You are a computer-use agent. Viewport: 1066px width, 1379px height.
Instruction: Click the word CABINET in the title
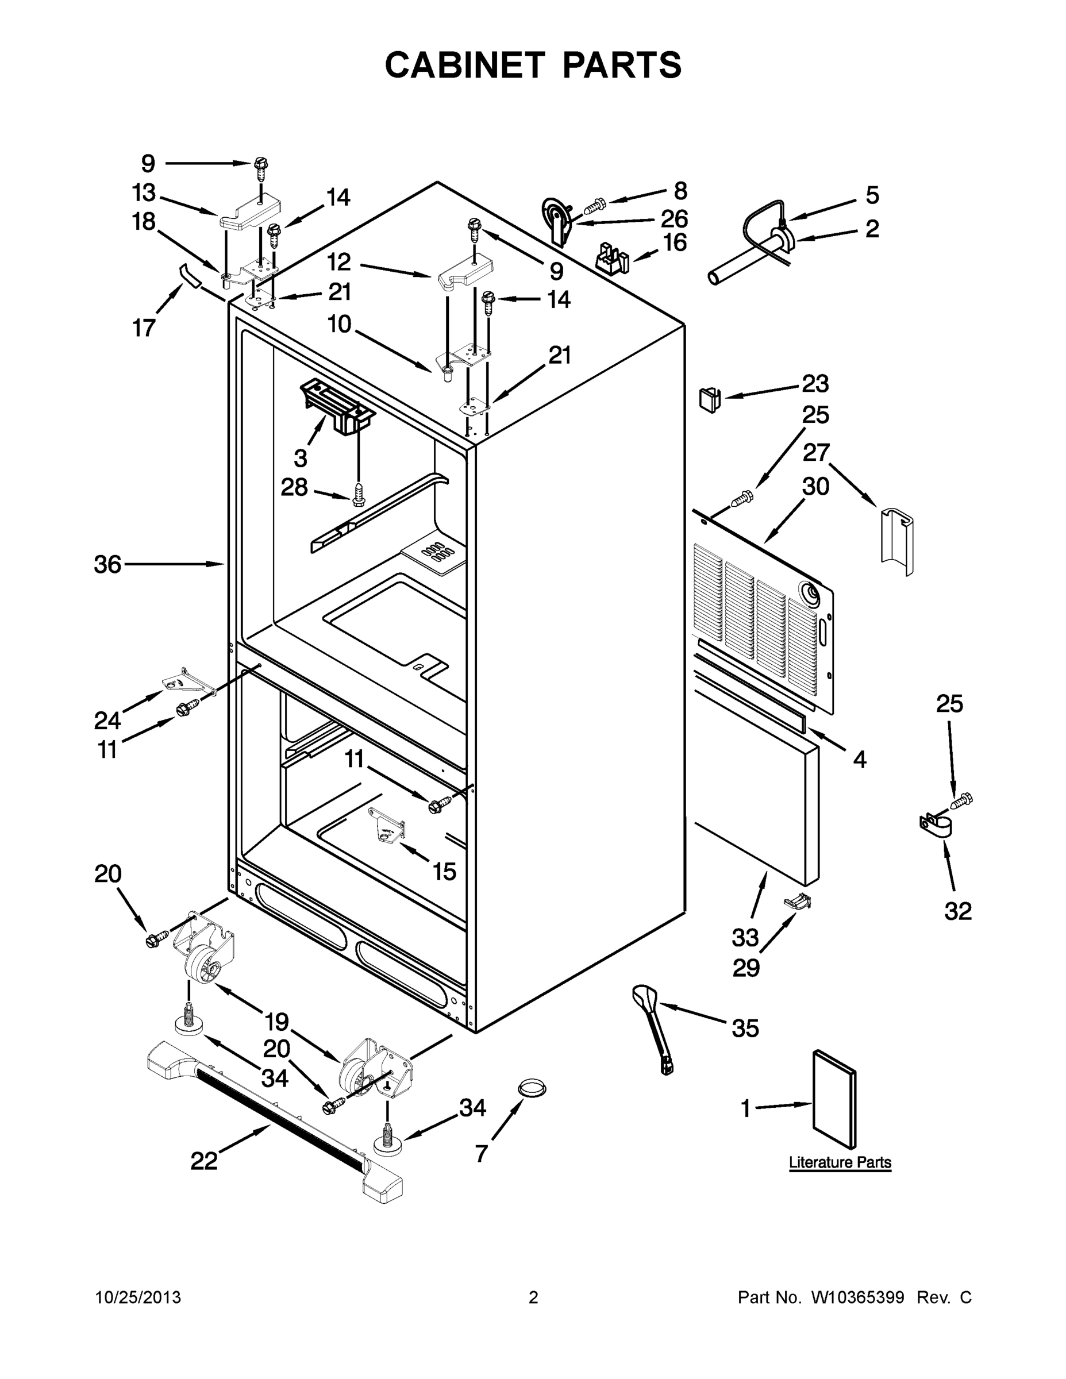pos(465,65)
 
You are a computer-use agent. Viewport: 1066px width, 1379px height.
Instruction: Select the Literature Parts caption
pos(840,1162)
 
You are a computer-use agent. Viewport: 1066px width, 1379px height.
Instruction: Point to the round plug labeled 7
pos(532,1088)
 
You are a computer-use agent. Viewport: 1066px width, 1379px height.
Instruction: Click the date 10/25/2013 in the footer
pos(138,1297)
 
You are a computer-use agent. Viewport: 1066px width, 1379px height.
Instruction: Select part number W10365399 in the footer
pos(857,1297)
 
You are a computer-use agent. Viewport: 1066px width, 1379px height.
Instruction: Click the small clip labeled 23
pos(710,399)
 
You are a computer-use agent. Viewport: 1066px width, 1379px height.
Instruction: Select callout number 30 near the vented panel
pos(815,486)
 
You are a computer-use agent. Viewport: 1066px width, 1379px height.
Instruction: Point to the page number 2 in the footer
pos(533,1297)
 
